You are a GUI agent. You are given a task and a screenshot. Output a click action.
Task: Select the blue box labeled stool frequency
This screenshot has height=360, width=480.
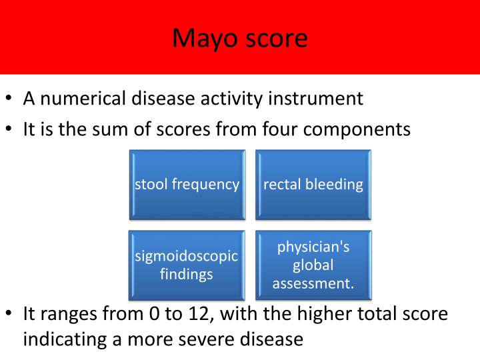187,185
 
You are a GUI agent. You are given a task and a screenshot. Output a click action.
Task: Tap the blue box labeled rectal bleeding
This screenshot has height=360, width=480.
313,185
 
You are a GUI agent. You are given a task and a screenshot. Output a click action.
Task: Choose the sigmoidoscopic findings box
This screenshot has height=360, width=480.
187,265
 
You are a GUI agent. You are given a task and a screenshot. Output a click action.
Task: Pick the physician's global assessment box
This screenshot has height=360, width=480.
313,265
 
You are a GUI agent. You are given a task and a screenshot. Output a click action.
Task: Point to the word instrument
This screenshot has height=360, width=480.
315,99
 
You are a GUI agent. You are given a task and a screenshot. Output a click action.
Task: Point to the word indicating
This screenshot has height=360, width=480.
63,339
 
